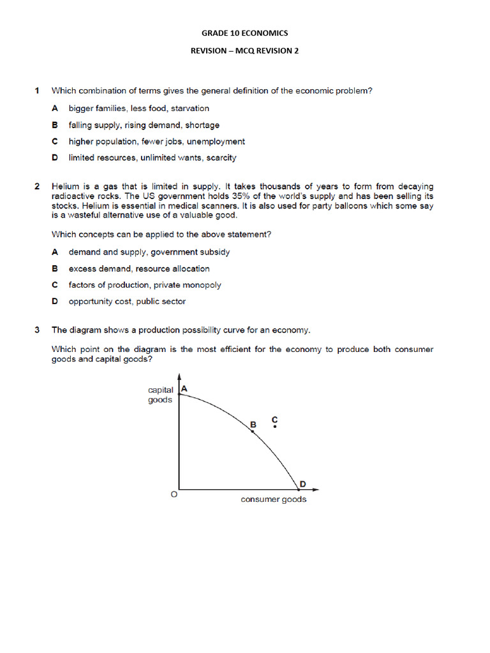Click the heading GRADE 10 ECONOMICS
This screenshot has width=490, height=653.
(x=245, y=33)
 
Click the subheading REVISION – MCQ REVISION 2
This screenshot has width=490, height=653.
(x=245, y=51)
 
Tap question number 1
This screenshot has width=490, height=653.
(x=38, y=91)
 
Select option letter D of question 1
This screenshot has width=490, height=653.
(x=55, y=158)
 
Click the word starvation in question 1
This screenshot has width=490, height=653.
(x=189, y=108)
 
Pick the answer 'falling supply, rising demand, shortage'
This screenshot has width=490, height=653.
(x=144, y=125)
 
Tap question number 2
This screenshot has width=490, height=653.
(x=38, y=186)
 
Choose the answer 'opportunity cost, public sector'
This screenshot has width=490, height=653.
(x=128, y=301)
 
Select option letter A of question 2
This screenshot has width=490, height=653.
(x=55, y=252)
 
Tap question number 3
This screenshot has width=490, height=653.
(x=38, y=330)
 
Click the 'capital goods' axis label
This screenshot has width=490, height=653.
(x=160, y=395)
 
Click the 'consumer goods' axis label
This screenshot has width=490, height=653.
(x=273, y=499)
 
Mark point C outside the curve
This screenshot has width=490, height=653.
(x=275, y=426)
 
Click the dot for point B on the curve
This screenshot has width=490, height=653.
(x=253, y=432)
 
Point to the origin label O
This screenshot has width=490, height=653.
(x=172, y=494)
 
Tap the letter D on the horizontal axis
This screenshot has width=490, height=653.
(x=302, y=484)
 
